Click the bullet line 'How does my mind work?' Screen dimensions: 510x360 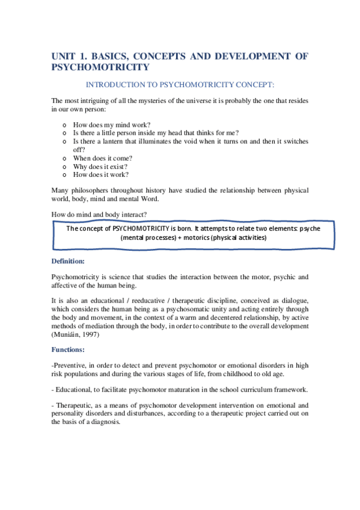[108, 124]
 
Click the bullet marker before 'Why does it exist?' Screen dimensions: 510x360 [64, 167]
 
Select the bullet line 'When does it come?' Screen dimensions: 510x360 [103, 158]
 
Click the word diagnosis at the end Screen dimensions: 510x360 [105, 422]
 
